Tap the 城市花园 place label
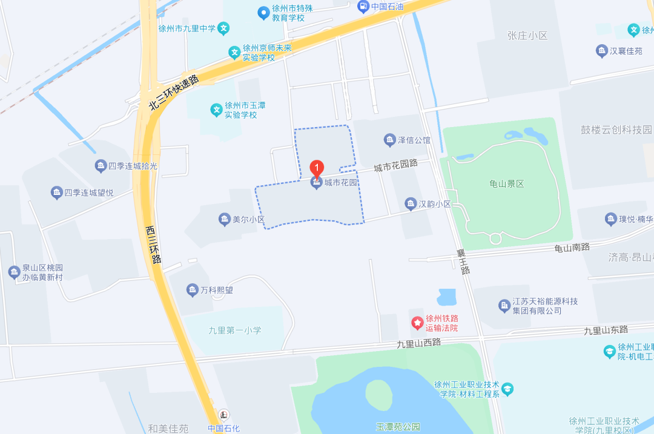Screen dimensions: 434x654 [341, 183]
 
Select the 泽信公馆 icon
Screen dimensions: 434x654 [390, 140]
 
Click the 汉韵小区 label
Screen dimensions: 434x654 [435, 204]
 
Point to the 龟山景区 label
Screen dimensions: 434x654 [506, 184]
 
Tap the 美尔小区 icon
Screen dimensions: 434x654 [224, 220]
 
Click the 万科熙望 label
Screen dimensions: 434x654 [217, 291]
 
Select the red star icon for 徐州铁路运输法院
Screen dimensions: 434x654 [417, 323]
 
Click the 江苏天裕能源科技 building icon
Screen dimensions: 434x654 [504, 306]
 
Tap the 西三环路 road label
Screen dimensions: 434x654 [153, 245]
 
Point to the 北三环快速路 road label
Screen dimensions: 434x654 [174, 93]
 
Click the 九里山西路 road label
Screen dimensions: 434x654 [419, 343]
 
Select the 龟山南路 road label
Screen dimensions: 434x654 [572, 247]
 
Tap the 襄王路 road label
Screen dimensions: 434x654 [464, 261]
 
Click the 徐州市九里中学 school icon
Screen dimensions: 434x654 [224, 28]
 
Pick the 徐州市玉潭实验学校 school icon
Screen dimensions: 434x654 [216, 110]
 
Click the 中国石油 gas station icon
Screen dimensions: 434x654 [363, 7]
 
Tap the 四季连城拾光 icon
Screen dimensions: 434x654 [100, 166]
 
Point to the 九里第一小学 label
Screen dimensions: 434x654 [235, 330]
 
